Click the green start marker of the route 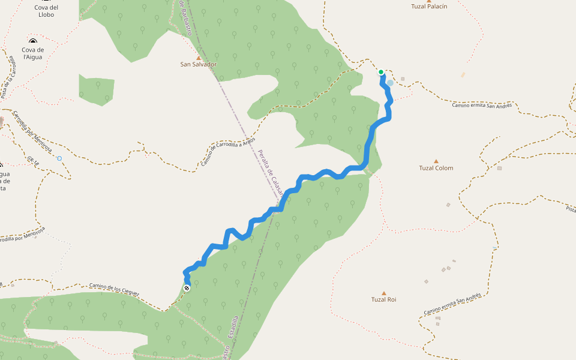pos(381,72)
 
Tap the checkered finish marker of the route pos(187,289)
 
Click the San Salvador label pos(199,64)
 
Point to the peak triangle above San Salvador pos(199,58)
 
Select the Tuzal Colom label pos(436,168)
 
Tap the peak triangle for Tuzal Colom pos(436,161)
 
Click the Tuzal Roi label pos(384,299)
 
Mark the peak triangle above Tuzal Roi pos(384,293)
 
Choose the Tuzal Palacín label pos(429,7)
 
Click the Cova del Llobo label pos(46,11)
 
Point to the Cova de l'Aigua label pos(34,53)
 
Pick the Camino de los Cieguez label pos(114,290)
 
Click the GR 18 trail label pos(32,161)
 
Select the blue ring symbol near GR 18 pos(59,158)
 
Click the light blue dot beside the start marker pos(390,83)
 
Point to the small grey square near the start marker pos(403,79)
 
